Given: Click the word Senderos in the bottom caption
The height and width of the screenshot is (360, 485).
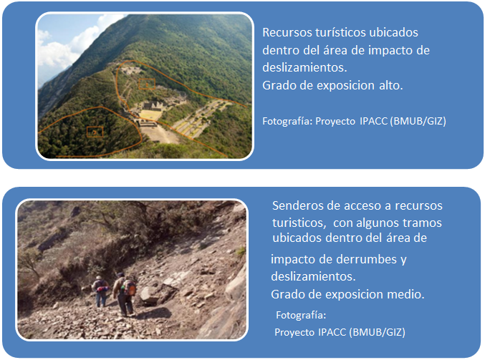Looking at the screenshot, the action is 295,205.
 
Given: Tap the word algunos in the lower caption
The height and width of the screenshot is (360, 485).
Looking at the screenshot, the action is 378,223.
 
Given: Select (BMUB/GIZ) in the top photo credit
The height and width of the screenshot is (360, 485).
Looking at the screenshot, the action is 418,121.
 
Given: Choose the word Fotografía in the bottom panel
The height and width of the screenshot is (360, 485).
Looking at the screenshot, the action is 301,315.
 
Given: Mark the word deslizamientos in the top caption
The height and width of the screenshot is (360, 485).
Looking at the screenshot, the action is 304,67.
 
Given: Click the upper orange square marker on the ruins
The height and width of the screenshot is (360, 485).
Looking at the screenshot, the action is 147,84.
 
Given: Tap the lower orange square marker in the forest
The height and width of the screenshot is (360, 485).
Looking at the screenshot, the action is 95,132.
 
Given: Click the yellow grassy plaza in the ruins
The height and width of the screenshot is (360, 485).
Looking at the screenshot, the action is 150,115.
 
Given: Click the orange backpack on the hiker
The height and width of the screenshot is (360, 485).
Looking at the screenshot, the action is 130,287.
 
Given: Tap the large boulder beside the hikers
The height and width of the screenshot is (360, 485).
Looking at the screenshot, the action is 153,294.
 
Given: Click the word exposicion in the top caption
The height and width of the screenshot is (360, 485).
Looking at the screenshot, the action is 345,85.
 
